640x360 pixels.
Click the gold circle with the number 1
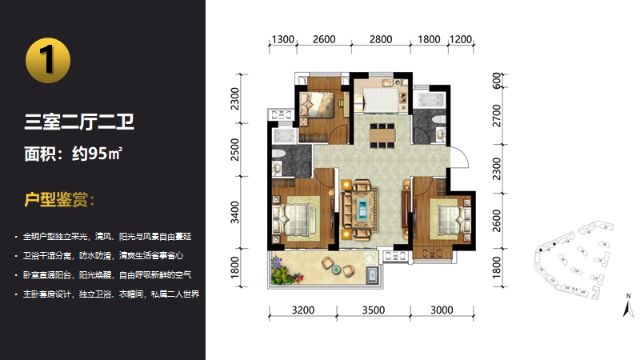coord(48,61)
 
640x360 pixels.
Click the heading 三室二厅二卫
coord(79,122)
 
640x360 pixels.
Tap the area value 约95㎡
coord(97,154)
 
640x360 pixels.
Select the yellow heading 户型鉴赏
coord(59,199)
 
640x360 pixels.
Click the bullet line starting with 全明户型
coord(107,237)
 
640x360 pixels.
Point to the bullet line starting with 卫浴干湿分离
coord(103,256)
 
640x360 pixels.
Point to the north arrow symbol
coord(629,306)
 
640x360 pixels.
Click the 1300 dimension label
coord(283,39)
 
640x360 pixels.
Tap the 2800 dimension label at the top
coord(381,39)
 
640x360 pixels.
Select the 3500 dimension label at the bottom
coord(374,310)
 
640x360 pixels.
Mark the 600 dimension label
coord(496,81)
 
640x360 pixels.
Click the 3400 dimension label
coord(234,212)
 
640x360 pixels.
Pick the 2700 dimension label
coord(496,115)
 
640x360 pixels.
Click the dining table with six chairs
coord(382,134)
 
